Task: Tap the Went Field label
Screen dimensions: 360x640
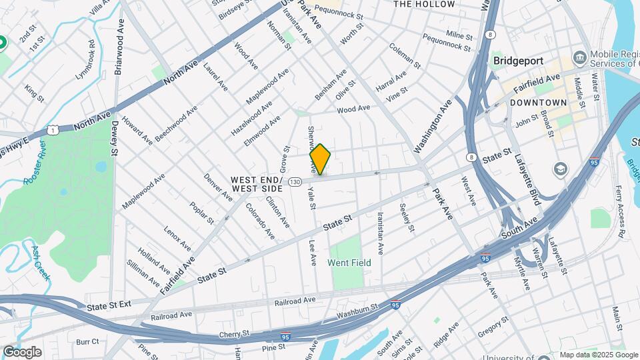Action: coord(349,263)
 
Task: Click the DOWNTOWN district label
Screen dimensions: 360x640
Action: coord(538,103)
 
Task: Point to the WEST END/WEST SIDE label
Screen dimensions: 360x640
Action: coord(257,185)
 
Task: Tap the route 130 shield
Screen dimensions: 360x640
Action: coord(295,181)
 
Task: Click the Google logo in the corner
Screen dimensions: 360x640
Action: coord(22,351)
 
